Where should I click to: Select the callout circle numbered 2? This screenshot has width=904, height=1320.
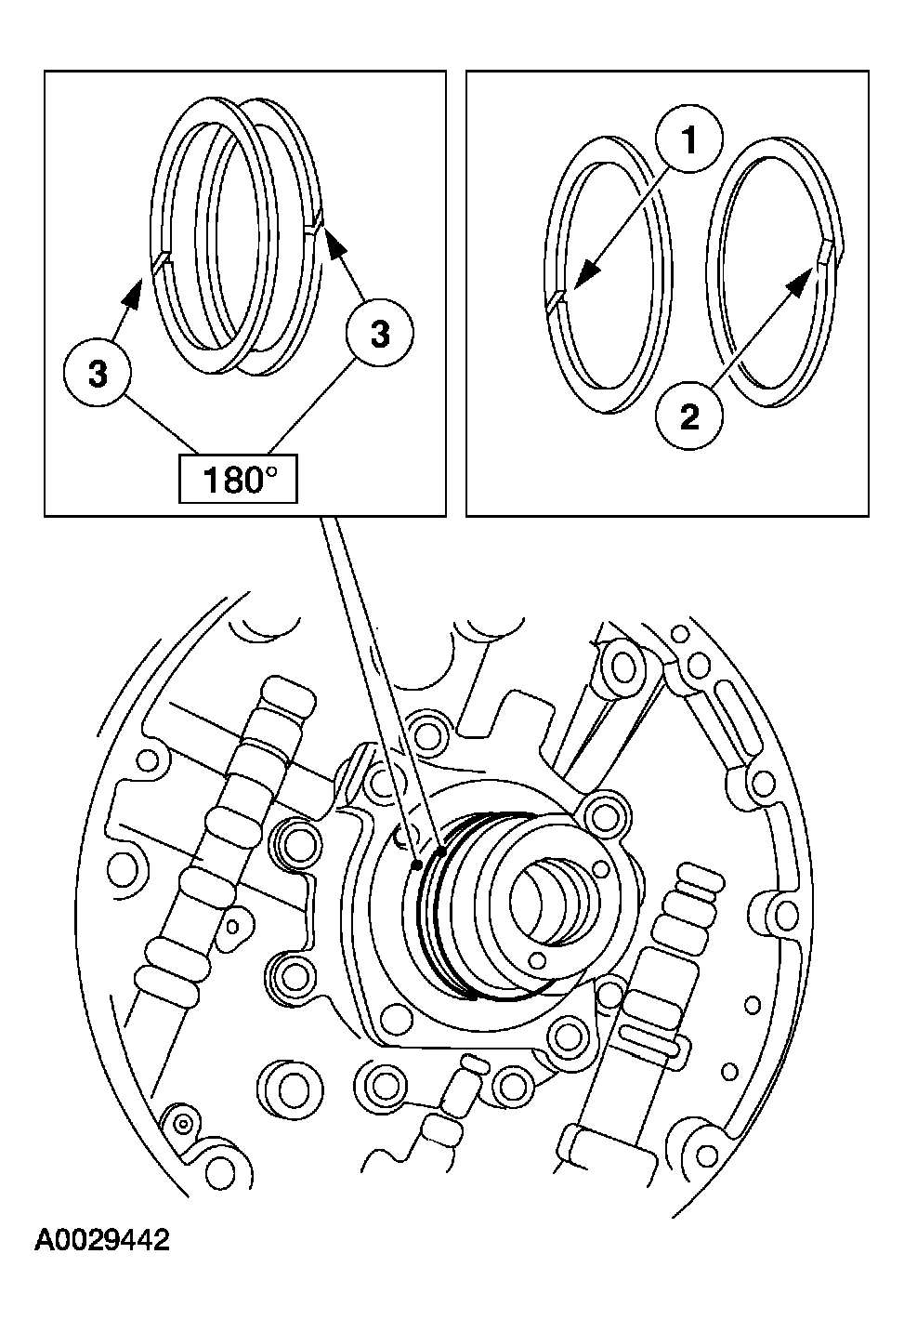pos(688,417)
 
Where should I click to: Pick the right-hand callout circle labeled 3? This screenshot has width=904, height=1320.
pos(380,335)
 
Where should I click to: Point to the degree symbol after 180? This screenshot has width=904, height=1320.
pos(271,473)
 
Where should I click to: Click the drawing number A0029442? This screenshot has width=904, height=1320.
pos(102,1240)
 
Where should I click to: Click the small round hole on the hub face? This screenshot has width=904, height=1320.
pos(536,957)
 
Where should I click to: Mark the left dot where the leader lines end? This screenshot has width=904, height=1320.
pos(418,864)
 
